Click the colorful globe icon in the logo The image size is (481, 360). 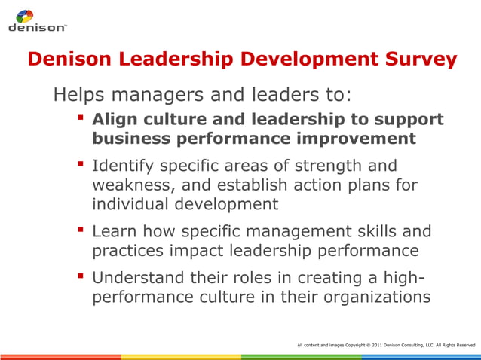pos(25,16)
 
